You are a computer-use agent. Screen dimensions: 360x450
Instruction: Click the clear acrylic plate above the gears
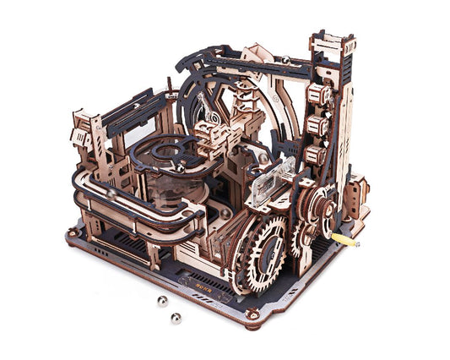(274, 178)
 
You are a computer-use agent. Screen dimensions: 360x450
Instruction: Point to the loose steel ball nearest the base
(162, 301)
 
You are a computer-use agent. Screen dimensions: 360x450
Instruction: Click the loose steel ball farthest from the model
(176, 319)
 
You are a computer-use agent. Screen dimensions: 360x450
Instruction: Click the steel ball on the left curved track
(111, 193)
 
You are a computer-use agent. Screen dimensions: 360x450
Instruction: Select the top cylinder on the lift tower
(319, 94)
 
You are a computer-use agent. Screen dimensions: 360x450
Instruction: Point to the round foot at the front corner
(252, 314)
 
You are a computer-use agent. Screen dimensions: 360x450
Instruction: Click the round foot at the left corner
(72, 231)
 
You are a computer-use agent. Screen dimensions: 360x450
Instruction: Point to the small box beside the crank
(355, 190)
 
